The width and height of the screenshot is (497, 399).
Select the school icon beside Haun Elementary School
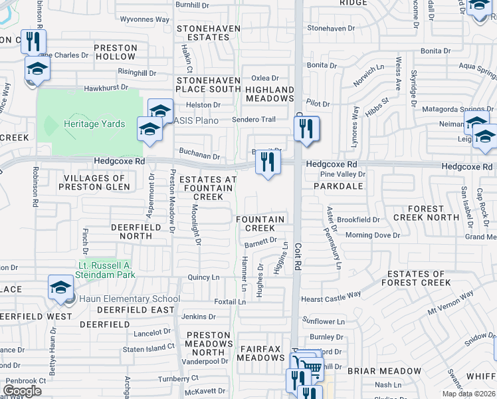(x=61, y=289)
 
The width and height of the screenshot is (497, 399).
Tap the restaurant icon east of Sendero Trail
(x=306, y=129)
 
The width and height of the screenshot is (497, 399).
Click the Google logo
(x=23, y=391)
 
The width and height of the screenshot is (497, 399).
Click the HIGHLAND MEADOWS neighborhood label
(x=270, y=94)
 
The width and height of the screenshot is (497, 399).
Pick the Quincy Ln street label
(x=203, y=277)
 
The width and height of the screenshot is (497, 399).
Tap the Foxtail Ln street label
(x=230, y=301)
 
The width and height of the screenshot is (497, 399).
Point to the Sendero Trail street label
(x=253, y=120)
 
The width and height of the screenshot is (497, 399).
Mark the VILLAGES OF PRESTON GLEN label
(x=94, y=183)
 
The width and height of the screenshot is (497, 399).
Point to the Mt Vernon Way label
(x=450, y=301)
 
